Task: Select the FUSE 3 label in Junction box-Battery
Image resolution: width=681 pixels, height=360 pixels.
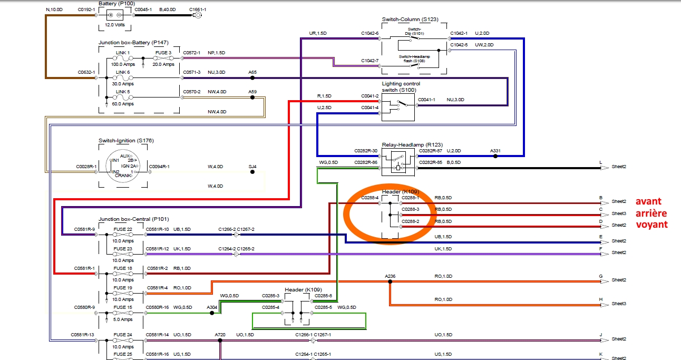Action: pyautogui.click(x=163, y=52)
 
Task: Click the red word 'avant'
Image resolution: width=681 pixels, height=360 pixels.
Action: pyautogui.click(x=648, y=201)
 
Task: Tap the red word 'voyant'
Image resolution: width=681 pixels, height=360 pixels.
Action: pyautogui.click(x=651, y=225)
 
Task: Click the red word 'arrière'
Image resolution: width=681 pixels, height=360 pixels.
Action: pyautogui.click(x=651, y=213)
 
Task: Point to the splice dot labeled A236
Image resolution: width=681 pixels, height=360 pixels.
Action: pyautogui.click(x=390, y=282)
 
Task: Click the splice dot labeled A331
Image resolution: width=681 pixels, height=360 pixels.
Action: pyautogui.click(x=495, y=156)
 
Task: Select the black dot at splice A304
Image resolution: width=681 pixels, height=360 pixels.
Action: pyautogui.click(x=212, y=313)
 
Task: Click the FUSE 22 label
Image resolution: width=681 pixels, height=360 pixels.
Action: pyautogui.click(x=123, y=229)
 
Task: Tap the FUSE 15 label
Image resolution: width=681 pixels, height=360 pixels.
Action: pyautogui.click(x=123, y=307)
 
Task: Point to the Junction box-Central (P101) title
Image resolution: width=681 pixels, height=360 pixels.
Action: pyautogui.click(x=133, y=219)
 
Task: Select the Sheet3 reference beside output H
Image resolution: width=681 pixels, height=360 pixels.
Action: pyautogui.click(x=619, y=304)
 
